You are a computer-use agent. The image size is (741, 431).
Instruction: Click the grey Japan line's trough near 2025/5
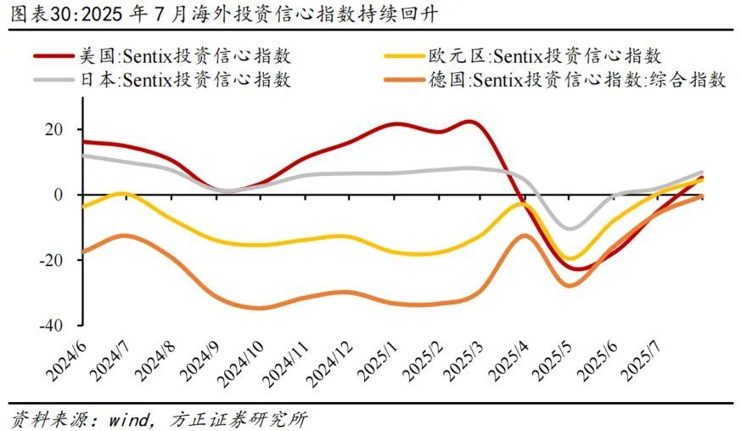coord(570,228)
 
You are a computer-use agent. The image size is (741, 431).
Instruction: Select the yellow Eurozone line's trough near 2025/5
coord(571,258)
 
